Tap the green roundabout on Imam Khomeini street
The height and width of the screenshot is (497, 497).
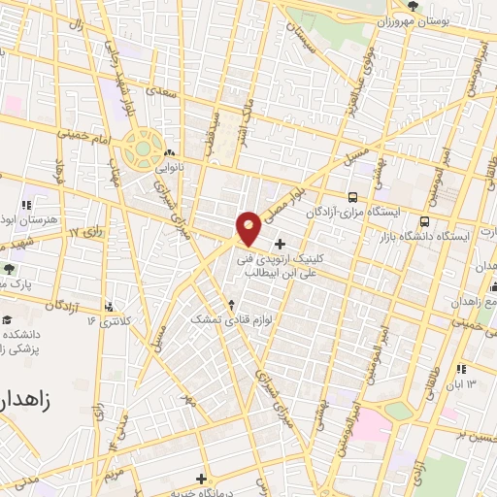(142, 151)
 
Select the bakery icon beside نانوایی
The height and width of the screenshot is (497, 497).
(170, 152)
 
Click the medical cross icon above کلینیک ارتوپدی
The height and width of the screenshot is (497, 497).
(281, 244)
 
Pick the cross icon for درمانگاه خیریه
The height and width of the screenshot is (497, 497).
(201, 478)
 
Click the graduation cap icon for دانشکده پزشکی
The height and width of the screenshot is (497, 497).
(9, 320)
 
